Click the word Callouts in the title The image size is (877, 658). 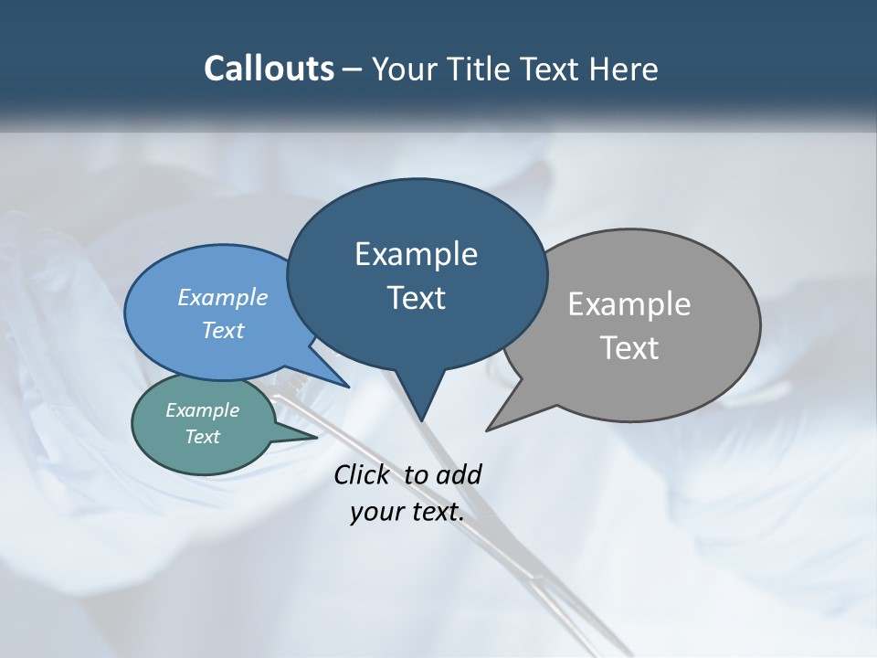coord(269,69)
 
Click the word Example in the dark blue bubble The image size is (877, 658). coord(416,254)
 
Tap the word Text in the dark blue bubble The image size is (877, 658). coord(416,298)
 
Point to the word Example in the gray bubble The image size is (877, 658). coord(629,304)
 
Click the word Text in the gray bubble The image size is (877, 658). coord(629,348)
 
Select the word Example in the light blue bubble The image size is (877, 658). coord(223,297)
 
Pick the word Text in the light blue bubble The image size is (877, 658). coord(223,330)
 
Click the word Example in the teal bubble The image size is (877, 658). coord(202,410)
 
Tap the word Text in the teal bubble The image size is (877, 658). coord(202,437)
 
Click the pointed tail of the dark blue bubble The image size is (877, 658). coord(421,419)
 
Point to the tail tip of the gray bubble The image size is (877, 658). coord(488,430)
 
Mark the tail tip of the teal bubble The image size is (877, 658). coord(315,438)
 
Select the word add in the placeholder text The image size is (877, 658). coord(459,474)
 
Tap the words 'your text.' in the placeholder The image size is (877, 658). coord(407,513)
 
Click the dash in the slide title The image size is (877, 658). coord(353,69)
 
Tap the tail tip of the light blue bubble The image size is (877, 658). coord(348,387)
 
